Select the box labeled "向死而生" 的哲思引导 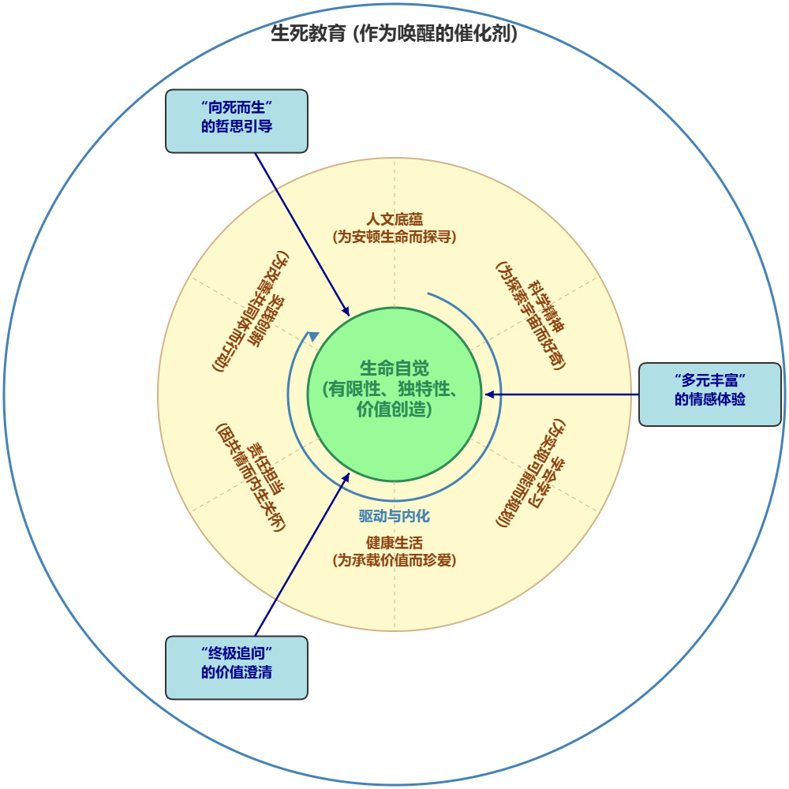(x=236, y=121)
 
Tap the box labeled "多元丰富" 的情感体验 (x=709, y=394)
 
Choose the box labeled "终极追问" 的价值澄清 (x=236, y=667)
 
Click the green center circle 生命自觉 (x=394, y=394)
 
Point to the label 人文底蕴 (x=394, y=219)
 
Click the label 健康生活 (x=394, y=543)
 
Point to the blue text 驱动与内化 (x=394, y=516)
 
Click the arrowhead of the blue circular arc (x=313, y=337)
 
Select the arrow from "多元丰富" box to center (x=560, y=394)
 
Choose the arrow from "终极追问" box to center (x=300, y=556)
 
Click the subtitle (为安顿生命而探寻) (x=394, y=236)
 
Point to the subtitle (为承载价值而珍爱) (x=394, y=560)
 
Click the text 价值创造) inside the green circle (x=394, y=410)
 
